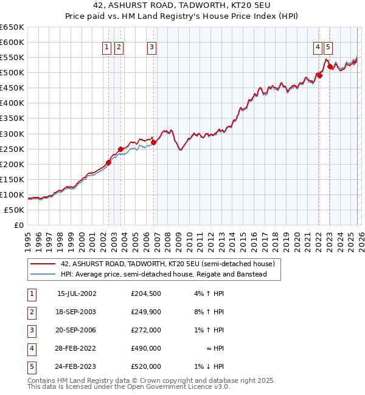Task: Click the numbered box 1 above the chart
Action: pos(107,47)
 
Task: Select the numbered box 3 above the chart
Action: pos(151,47)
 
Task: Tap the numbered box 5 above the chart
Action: pos(328,47)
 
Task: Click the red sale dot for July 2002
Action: pos(109,162)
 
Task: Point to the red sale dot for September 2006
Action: pos(154,142)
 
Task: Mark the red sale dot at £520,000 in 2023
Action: pos(330,67)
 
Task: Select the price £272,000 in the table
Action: pos(146,331)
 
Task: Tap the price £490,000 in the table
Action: pos(146,349)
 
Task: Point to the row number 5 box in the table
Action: pos(31,367)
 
